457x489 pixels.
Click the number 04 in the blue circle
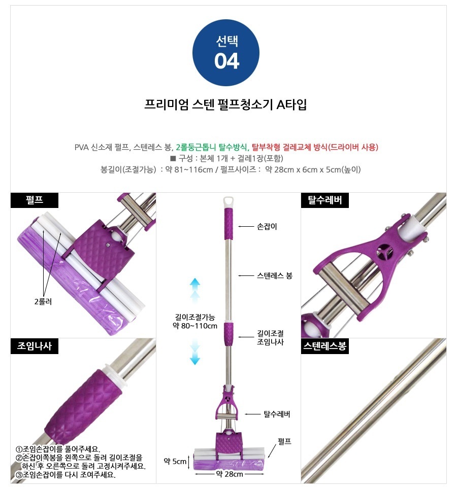coord(226,61)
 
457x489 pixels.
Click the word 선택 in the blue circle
coord(227,41)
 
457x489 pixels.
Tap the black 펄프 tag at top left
coord(35,200)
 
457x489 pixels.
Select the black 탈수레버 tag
coord(324,200)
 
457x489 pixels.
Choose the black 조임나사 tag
coord(35,346)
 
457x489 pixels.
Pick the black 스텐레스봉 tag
coord(324,346)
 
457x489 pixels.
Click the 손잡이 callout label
coord(267,226)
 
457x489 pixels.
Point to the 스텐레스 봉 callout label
coord(275,275)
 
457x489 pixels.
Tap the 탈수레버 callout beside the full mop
coord(277,414)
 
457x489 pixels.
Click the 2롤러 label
coord(43,302)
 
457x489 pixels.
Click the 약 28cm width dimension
coord(230,474)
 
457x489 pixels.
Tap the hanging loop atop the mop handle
coord(228,201)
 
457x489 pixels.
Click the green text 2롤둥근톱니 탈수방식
coord(211,147)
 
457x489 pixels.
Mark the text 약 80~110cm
coord(195,326)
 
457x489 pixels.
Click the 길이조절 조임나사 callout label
coord(270,337)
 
